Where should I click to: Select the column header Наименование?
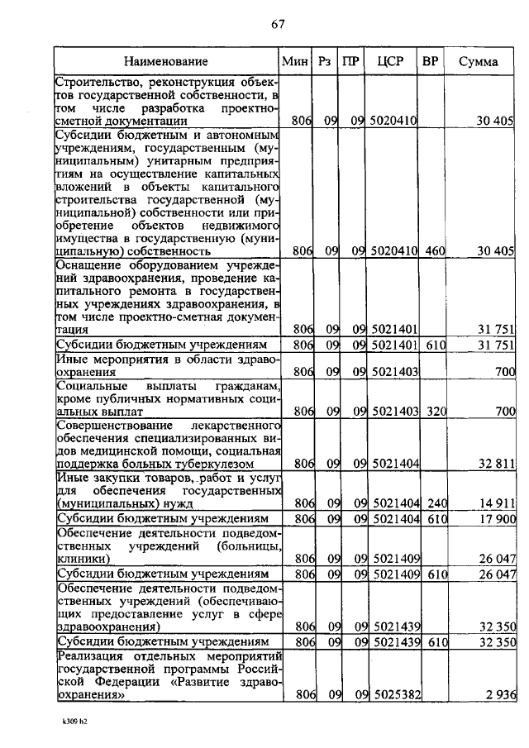click(x=166, y=61)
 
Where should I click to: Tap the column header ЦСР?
click(x=389, y=61)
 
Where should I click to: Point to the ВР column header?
click(x=430, y=61)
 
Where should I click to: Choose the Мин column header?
click(x=295, y=61)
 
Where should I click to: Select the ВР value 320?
click(x=431, y=411)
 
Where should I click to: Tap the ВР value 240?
click(x=431, y=503)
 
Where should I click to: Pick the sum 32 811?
click(x=498, y=464)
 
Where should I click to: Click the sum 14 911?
click(x=498, y=503)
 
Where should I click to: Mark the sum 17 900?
click(x=498, y=518)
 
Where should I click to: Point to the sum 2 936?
click(x=501, y=697)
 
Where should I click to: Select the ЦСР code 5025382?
click(x=393, y=697)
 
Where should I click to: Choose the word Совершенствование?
click(x=112, y=425)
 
